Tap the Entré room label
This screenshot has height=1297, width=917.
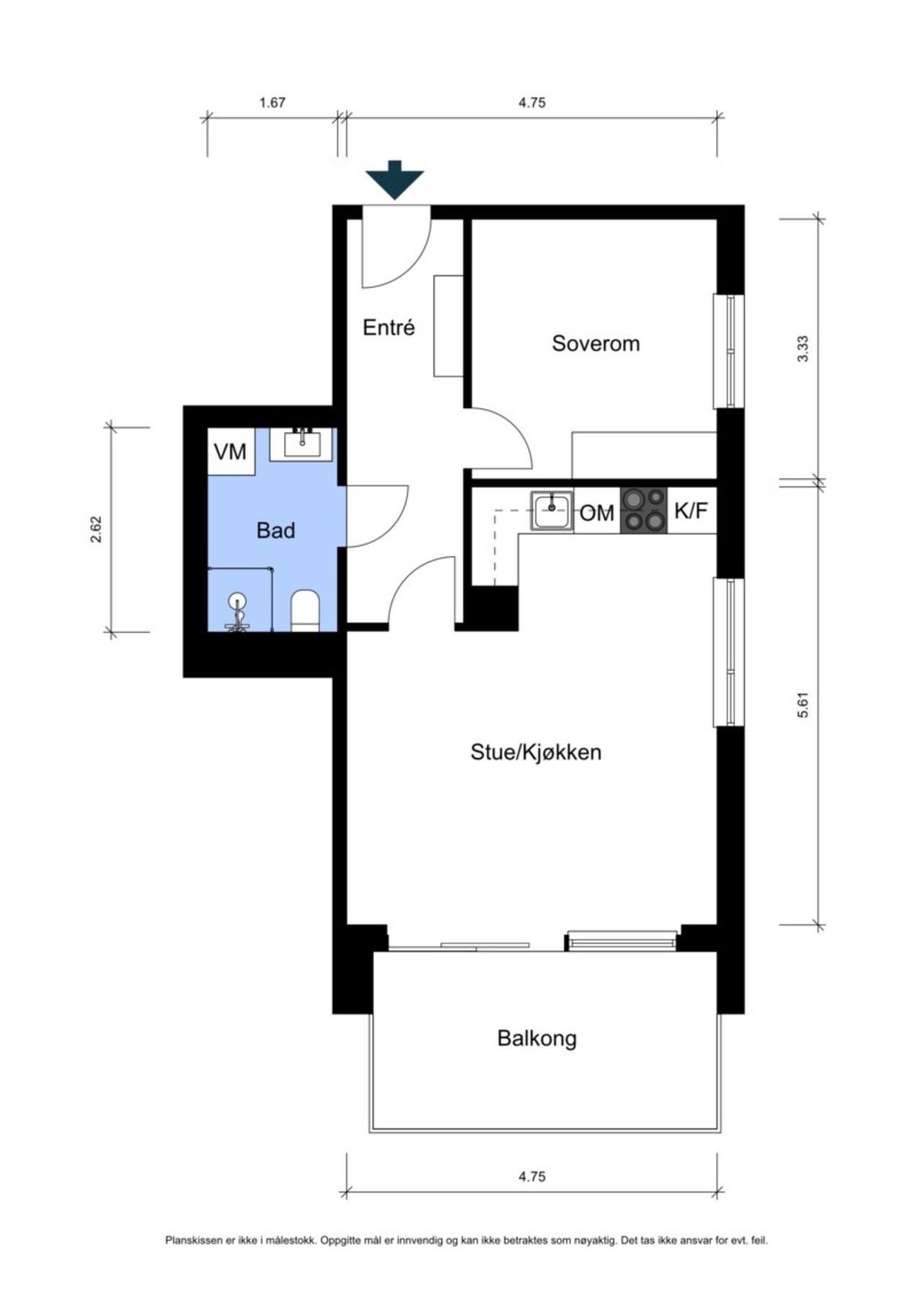tap(389, 328)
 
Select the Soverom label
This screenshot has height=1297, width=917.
tap(596, 343)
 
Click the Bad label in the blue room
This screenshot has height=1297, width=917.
tap(276, 531)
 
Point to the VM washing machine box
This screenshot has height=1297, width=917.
tap(231, 452)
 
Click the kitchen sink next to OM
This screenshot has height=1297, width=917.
tap(553, 511)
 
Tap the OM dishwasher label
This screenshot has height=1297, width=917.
tap(596, 513)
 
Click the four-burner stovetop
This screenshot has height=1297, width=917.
tap(644, 510)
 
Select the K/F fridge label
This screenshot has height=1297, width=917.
tap(691, 511)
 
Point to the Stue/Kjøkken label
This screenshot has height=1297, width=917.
tap(536, 752)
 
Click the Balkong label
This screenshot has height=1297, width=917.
tap(537, 1038)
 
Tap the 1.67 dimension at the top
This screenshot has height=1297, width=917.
tap(272, 102)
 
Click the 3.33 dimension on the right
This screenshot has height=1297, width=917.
tap(804, 349)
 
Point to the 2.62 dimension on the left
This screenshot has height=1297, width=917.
tap(96, 528)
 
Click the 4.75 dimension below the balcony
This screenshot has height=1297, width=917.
tap(532, 1177)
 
